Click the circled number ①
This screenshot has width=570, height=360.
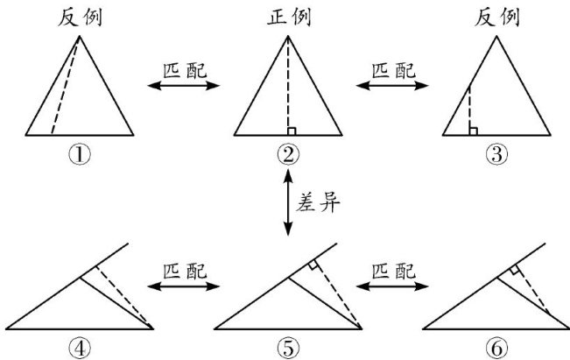point(80,154)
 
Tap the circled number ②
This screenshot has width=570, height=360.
point(288,154)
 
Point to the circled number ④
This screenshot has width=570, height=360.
point(80,348)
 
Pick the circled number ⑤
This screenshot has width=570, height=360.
point(288,348)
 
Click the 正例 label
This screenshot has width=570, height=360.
point(288,17)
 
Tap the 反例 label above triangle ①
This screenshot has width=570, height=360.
point(80,17)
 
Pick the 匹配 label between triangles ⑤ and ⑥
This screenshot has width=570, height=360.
point(392,270)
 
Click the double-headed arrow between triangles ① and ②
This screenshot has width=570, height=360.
point(184,86)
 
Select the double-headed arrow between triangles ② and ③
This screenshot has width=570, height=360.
point(392,86)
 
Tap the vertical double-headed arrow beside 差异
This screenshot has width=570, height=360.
point(288,204)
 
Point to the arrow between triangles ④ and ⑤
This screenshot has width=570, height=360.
point(184,286)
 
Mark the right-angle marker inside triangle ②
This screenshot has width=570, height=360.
point(292,131)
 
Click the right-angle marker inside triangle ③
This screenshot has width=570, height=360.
point(474,131)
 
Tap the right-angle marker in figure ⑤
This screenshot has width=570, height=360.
point(313,264)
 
